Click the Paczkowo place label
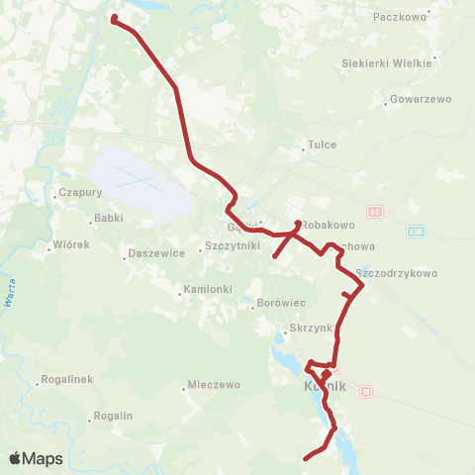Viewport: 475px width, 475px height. [x=401, y=17]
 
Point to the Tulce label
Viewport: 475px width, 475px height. [x=323, y=144]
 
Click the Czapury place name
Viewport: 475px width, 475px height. [x=81, y=193]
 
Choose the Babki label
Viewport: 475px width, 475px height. [x=108, y=218]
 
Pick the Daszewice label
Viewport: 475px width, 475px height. [x=157, y=253]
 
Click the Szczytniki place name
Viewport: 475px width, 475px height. [x=232, y=245]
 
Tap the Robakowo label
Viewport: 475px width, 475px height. [x=328, y=225]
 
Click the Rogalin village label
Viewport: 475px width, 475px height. [x=115, y=416]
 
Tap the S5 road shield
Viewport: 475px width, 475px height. [x=374, y=212]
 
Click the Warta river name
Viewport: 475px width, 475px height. [x=9, y=294]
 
